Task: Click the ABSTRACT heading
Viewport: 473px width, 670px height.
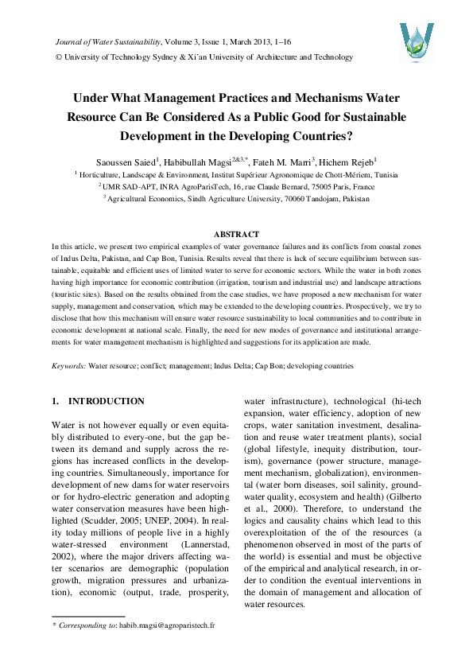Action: tap(236, 234)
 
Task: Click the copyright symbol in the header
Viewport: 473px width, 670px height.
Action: tap(57, 57)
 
